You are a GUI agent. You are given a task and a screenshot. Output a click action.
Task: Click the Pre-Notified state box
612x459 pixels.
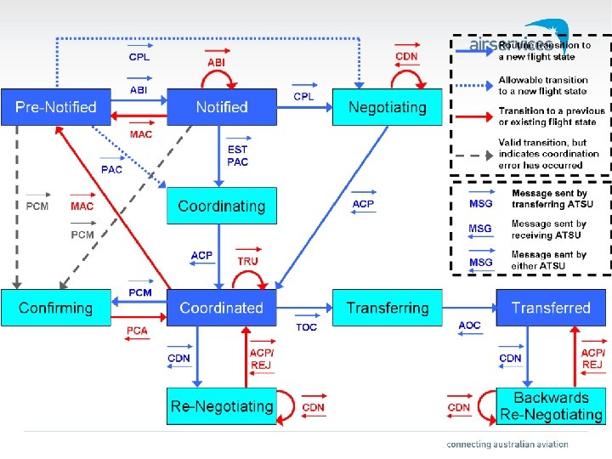click(x=55, y=107)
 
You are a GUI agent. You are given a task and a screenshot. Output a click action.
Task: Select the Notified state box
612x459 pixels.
click(x=221, y=107)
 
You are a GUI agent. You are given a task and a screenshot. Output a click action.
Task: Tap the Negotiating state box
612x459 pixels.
click(x=387, y=107)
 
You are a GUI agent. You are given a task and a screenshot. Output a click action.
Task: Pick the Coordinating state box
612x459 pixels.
click(x=221, y=207)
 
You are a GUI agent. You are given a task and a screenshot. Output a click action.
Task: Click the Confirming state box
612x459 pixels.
click(x=56, y=308)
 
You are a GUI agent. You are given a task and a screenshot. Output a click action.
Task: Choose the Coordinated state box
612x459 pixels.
click(x=221, y=308)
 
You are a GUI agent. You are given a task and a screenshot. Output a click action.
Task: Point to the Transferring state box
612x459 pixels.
click(x=388, y=308)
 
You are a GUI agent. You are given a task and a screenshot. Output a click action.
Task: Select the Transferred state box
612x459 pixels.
click(x=551, y=308)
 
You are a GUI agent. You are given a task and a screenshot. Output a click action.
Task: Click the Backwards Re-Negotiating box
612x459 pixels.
click(x=551, y=406)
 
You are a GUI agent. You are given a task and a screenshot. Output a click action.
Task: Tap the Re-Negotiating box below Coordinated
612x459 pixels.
click(x=221, y=406)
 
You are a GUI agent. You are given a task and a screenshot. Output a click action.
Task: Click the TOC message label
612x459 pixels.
click(x=307, y=327)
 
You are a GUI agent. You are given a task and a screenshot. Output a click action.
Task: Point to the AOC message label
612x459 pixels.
click(x=469, y=326)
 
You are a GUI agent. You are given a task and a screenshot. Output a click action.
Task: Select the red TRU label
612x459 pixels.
click(x=247, y=261)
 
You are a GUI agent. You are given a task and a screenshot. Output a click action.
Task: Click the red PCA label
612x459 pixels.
click(x=137, y=331)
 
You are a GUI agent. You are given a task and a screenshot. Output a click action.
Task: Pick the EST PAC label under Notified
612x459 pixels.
click(x=238, y=156)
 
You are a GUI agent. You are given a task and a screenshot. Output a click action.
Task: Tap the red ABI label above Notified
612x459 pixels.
click(x=217, y=62)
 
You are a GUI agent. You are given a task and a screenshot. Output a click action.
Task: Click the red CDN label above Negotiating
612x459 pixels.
click(x=407, y=57)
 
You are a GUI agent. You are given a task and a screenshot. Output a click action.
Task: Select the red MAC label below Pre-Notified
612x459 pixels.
click(x=141, y=134)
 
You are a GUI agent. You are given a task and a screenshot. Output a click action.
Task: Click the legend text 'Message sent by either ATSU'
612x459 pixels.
click(x=548, y=260)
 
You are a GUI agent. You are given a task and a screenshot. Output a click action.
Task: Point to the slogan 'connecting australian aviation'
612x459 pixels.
click(x=507, y=444)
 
